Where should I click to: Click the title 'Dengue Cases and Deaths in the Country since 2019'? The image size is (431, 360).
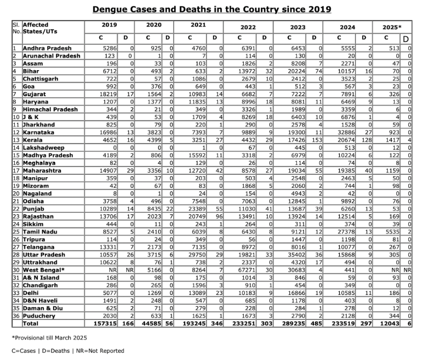211,9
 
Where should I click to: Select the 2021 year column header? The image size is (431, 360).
198,25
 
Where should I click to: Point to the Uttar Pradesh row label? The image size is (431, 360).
44,255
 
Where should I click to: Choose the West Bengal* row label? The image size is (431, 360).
44,270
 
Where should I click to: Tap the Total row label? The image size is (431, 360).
31,324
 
